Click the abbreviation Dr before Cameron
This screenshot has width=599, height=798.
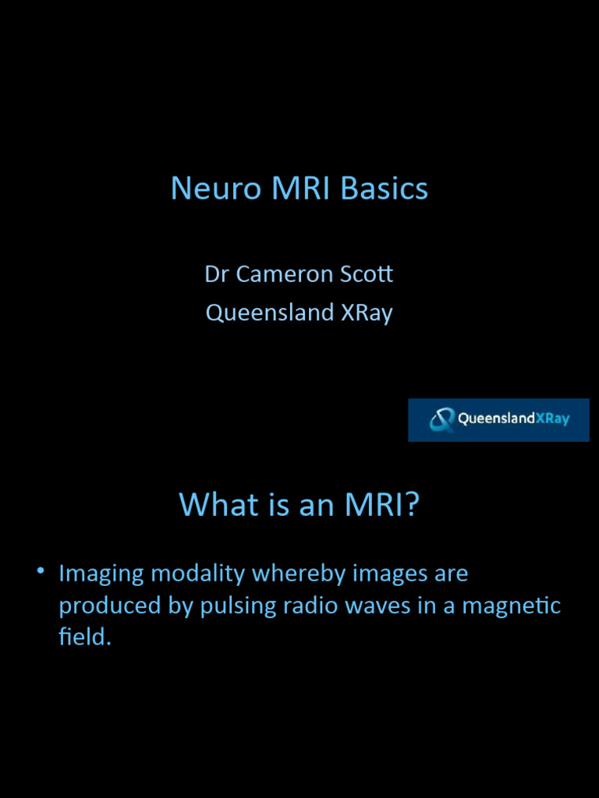pos(215,274)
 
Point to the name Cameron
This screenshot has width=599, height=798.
pos(281,274)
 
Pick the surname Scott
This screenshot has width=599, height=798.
pos(366,274)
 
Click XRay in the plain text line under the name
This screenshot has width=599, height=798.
pos(367,312)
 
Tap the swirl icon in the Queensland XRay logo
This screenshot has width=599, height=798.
pos(442,420)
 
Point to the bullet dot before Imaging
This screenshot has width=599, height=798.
pos(40,571)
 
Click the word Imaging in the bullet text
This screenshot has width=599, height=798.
pos(101,574)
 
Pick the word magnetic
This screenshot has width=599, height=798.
pos(511,606)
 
